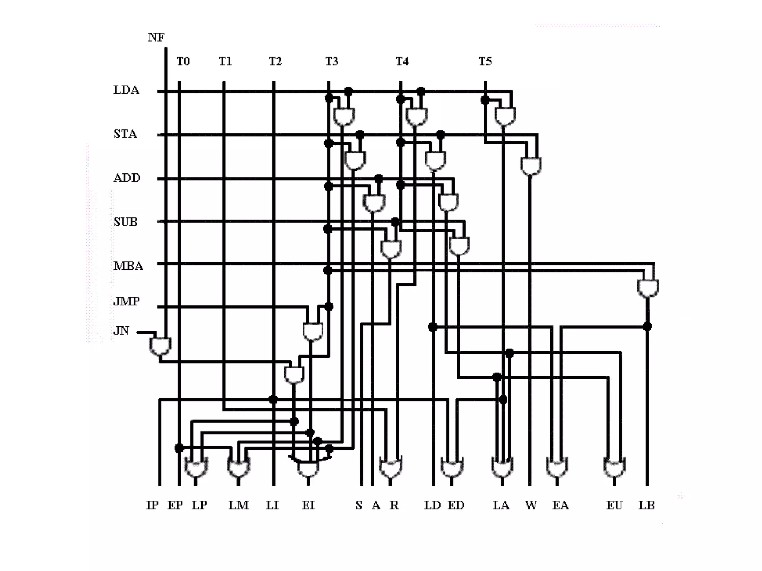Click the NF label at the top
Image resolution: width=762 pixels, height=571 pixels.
[156, 37]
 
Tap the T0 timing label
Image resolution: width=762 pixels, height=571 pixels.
[183, 61]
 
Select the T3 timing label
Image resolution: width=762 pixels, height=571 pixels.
[332, 61]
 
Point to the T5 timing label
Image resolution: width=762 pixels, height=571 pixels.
[485, 61]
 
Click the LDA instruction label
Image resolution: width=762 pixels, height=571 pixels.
[126, 90]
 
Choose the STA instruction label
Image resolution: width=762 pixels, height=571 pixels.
[125, 134]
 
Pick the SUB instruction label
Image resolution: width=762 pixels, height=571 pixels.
[126, 222]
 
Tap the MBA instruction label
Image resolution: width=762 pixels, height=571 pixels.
[128, 266]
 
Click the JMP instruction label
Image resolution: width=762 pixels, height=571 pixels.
[127, 301]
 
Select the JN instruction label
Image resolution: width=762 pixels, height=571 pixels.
[121, 331]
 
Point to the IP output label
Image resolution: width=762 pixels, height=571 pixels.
[152, 505]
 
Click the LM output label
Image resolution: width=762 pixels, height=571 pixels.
[238, 505]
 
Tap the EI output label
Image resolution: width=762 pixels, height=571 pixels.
[308, 505]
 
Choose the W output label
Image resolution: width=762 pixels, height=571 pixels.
[531, 505]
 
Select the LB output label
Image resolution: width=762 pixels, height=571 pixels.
[646, 505]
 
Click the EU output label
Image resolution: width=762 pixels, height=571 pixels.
[614, 505]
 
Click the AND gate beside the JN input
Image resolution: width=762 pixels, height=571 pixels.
[160, 346]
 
